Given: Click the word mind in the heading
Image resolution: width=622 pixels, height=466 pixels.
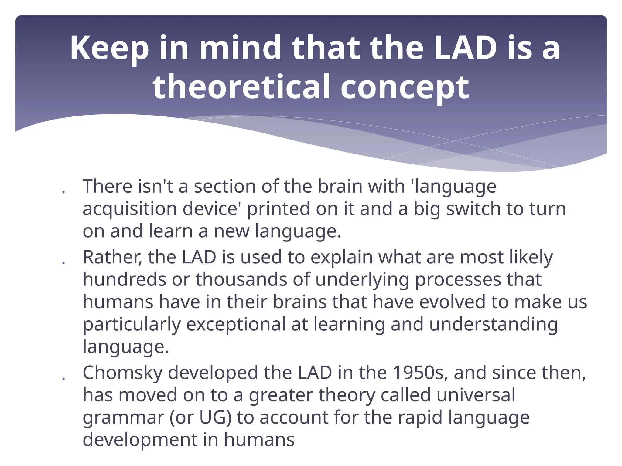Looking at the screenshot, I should (240, 48).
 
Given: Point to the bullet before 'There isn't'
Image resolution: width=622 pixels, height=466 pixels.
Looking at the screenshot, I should (63, 192).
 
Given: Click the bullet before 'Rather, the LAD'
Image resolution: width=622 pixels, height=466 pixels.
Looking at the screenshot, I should (63, 263).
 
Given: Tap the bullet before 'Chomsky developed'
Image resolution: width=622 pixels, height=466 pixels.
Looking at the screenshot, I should (63, 378).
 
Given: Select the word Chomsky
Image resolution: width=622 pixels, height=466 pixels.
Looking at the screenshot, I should (123, 373).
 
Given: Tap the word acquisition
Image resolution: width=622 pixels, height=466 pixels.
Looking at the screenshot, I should (130, 209).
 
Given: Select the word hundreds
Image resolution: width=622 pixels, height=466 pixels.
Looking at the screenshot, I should (124, 279).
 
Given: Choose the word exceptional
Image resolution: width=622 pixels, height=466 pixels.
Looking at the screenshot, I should (236, 325).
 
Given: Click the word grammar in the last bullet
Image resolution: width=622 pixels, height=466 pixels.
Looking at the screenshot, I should (123, 418).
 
